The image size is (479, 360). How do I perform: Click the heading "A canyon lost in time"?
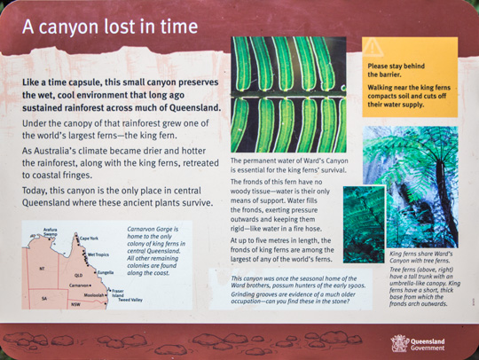pyautogui.click(x=110, y=27)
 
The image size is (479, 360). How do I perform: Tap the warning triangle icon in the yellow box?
pyautogui.click(x=373, y=47)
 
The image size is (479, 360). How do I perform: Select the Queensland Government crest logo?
pyautogui.click(x=399, y=344)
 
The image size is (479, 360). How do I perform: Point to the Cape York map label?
pyautogui.click(x=90, y=239)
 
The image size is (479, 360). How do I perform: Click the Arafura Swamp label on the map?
pyautogui.click(x=50, y=231)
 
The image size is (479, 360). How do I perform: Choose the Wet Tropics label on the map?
pyautogui.click(x=98, y=254)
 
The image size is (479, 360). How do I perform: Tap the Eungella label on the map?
pyautogui.click(x=106, y=272)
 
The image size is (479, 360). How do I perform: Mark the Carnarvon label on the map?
pyautogui.click(x=79, y=286)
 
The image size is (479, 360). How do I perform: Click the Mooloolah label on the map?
pyautogui.click(x=94, y=295)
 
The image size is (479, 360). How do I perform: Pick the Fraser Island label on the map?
pyautogui.click(x=118, y=293)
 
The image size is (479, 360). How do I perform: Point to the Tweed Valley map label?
pyautogui.click(x=130, y=300)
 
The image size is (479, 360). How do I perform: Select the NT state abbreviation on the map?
pyautogui.click(x=43, y=269)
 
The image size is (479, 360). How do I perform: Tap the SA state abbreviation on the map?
pyautogui.click(x=44, y=298)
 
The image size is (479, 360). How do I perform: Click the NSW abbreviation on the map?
pyautogui.click(x=75, y=304)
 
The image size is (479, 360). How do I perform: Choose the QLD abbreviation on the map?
pyautogui.click(x=79, y=276)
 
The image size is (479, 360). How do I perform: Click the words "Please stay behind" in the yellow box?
pyautogui.click(x=397, y=66)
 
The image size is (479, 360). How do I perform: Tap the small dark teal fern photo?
pyautogui.click(x=364, y=224)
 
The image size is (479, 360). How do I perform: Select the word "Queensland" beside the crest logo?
pyautogui.click(x=428, y=341)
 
